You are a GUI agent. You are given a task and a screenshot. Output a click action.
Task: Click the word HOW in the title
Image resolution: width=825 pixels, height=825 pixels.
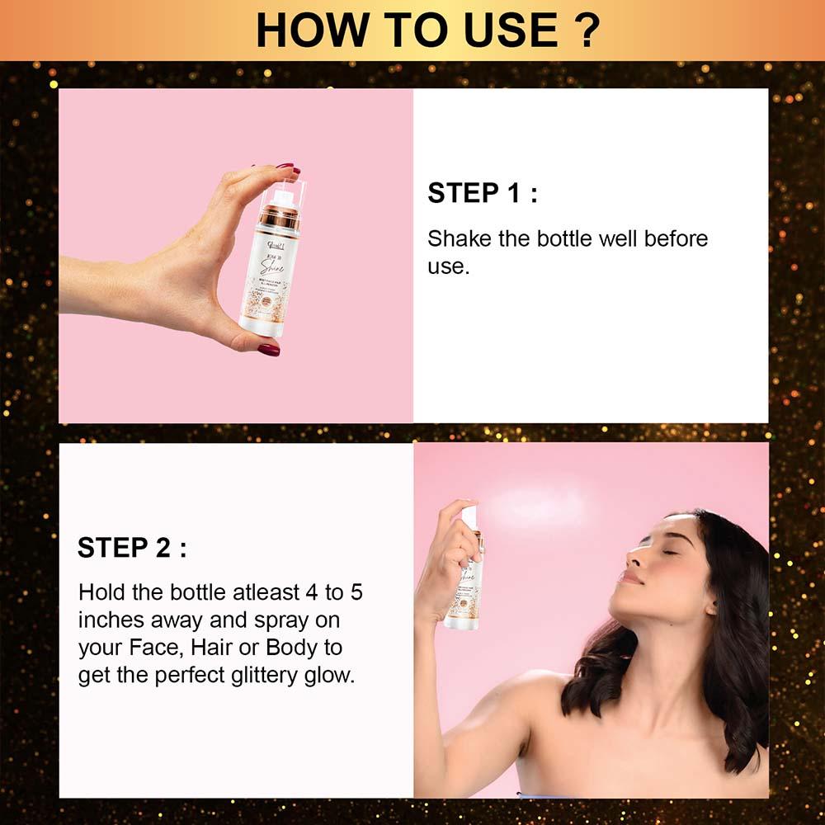tap(304, 31)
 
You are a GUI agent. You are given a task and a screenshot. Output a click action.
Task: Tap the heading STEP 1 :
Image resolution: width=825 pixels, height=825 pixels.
tap(483, 193)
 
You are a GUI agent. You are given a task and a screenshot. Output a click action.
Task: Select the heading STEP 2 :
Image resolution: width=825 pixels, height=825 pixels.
tap(132, 548)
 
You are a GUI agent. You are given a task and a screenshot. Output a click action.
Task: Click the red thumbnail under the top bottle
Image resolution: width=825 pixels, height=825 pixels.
tap(269, 350)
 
